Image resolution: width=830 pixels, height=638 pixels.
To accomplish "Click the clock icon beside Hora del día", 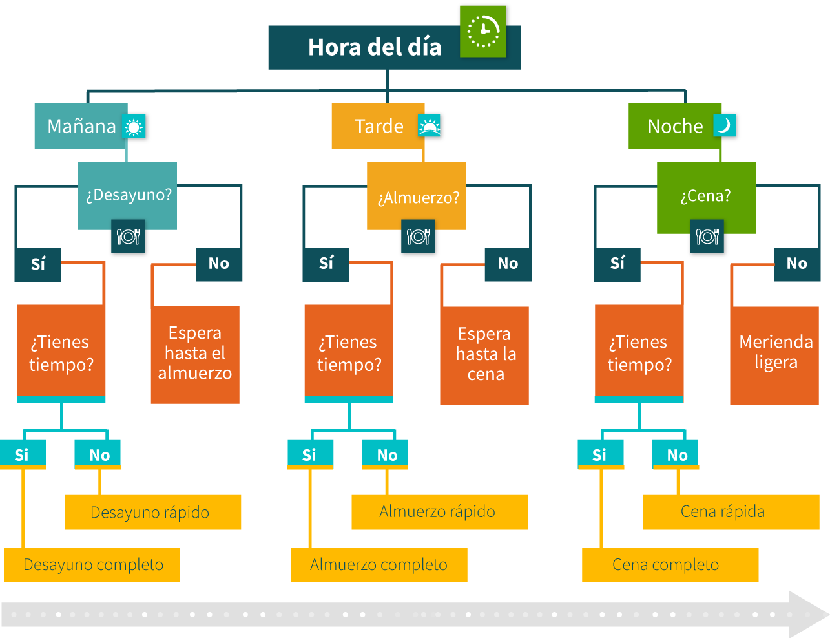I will (482, 31).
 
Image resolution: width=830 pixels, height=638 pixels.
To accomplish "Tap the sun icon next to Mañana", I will (134, 127).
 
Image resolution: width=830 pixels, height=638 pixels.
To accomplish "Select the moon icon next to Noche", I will (724, 125).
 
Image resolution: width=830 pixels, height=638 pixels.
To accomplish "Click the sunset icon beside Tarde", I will (430, 126).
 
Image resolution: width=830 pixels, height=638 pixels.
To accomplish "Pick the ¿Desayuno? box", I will (128, 195).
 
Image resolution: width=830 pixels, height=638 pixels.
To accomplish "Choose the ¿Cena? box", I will (706, 196).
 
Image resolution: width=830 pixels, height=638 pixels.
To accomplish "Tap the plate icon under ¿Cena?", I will (707, 237).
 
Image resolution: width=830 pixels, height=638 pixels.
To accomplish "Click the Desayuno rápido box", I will (153, 512).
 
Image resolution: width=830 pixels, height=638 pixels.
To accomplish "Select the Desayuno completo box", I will (92, 565).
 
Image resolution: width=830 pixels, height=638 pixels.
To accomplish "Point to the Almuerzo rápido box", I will (439, 512).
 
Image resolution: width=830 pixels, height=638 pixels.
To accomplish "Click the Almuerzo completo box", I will (379, 565).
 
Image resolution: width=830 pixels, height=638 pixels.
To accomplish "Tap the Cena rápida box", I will (731, 512).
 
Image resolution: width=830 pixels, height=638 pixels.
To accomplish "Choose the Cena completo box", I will (670, 565).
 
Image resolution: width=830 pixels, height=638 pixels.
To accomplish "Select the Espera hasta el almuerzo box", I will (195, 354).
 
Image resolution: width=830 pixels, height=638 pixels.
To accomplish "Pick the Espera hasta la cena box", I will (484, 355).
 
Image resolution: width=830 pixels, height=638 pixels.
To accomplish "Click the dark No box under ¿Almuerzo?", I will (508, 264).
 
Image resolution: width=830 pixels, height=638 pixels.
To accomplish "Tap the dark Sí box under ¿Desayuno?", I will (38, 264).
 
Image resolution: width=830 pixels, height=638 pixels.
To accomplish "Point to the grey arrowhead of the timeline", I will (807, 614).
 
